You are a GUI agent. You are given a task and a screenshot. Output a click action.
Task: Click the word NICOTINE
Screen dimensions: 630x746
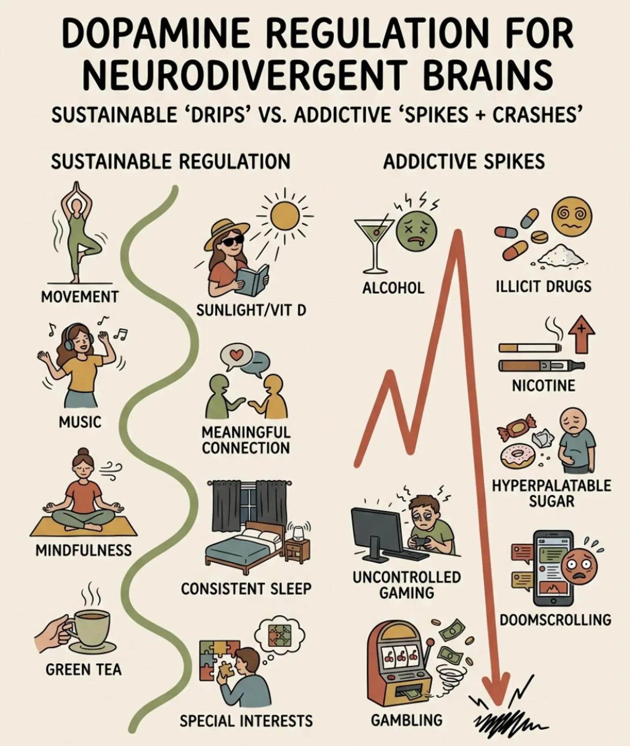[543, 385]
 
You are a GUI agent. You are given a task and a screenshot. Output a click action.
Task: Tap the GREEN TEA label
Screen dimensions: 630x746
[83, 669]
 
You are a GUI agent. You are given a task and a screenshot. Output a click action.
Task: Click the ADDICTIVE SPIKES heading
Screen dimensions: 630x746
[464, 162]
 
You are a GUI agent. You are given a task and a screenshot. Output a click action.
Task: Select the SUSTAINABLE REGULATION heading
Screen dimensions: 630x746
[170, 162]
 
